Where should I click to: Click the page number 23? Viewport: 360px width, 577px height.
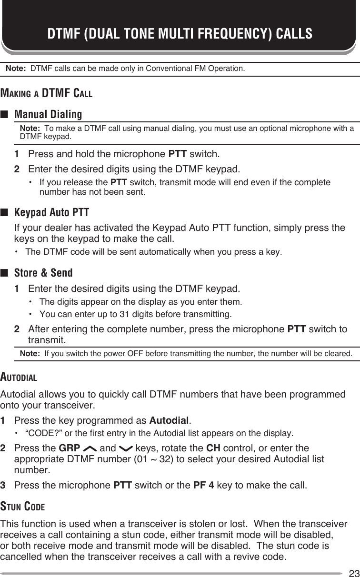(353, 572)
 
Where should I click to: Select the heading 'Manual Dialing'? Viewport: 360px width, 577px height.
(48, 115)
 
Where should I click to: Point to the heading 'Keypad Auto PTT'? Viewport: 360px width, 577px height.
(51, 212)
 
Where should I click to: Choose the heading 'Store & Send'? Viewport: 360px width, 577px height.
(43, 273)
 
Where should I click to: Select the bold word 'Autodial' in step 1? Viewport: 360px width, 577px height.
(169, 420)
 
